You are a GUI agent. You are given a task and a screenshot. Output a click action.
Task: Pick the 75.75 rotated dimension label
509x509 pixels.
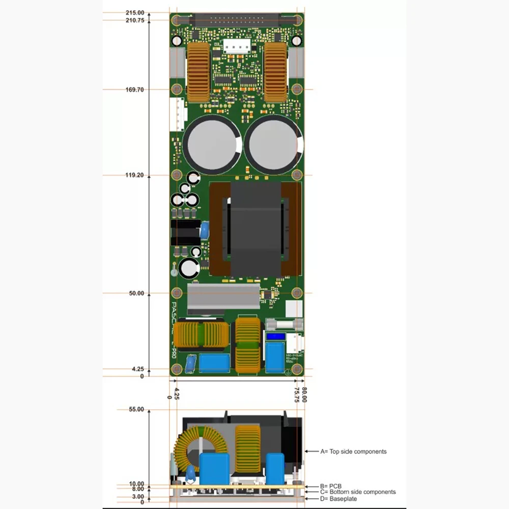click(x=297, y=395)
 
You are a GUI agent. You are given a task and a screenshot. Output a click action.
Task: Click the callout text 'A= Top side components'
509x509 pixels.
click(x=353, y=451)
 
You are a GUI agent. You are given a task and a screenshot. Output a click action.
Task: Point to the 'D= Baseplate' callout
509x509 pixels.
click(x=338, y=499)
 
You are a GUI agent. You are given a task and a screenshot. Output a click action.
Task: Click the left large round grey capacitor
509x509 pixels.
click(x=212, y=144)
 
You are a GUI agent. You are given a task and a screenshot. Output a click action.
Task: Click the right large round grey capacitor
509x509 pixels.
click(x=274, y=144)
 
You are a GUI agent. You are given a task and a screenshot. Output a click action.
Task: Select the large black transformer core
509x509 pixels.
click(x=256, y=229)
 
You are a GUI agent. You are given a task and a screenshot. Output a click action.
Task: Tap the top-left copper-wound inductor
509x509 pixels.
click(x=199, y=72)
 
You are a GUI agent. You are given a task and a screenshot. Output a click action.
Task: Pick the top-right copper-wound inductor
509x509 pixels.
click(x=275, y=72)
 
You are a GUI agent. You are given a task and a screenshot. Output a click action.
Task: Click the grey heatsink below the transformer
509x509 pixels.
click(x=224, y=299)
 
